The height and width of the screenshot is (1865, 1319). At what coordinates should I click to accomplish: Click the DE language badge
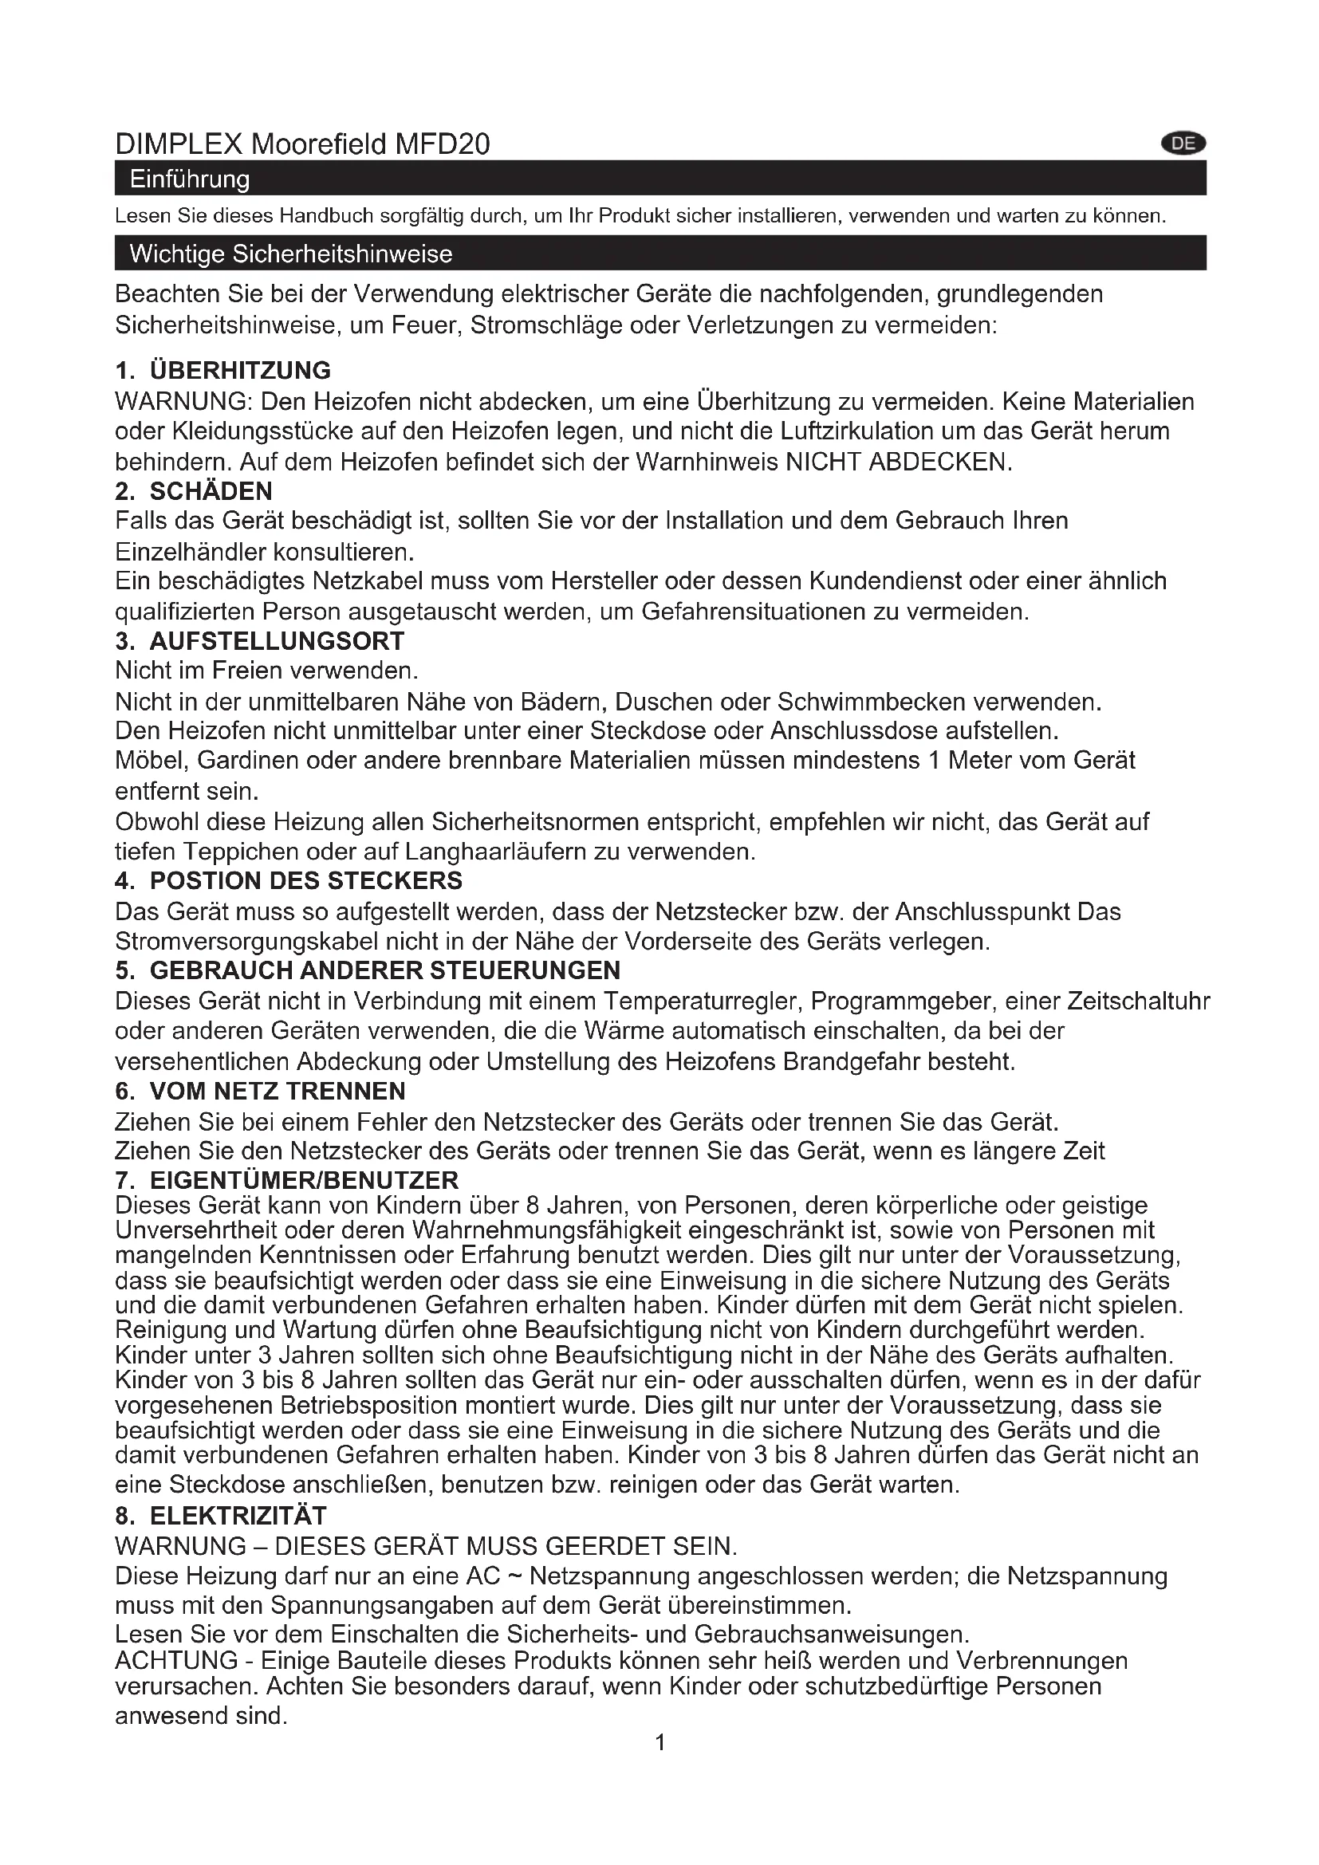coord(1183,144)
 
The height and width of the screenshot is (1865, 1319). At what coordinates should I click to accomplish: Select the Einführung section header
coord(190,179)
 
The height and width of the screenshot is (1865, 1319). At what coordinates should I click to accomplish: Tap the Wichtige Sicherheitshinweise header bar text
coord(291,254)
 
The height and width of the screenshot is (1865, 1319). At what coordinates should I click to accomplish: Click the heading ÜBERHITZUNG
coord(240,371)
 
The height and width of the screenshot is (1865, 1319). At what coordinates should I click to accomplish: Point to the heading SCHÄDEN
coord(211,490)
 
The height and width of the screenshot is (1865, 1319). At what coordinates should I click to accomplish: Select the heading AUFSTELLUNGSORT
coord(277,641)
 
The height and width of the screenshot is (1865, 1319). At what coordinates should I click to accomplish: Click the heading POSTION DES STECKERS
coord(306,880)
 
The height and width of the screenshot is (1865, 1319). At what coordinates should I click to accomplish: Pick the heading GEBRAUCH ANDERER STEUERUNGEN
coord(385,970)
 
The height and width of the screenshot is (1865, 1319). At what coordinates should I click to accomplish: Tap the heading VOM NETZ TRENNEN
coord(278,1091)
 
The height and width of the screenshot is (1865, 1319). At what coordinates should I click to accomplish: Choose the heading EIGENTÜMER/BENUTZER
coord(305,1179)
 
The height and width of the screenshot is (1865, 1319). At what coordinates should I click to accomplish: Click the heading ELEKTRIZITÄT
coord(238,1516)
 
